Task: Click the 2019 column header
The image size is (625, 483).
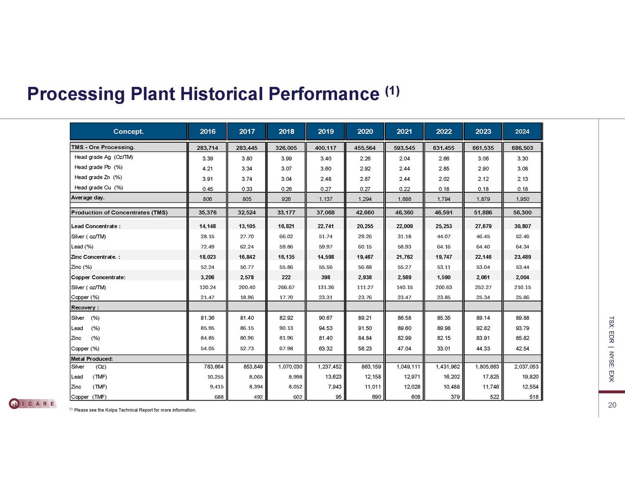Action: tap(326, 131)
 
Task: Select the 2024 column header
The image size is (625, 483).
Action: tap(522, 131)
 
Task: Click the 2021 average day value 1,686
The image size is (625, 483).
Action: tap(404, 199)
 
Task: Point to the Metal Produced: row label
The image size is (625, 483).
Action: tap(92, 358)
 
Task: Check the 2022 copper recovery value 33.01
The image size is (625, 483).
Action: tap(444, 348)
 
